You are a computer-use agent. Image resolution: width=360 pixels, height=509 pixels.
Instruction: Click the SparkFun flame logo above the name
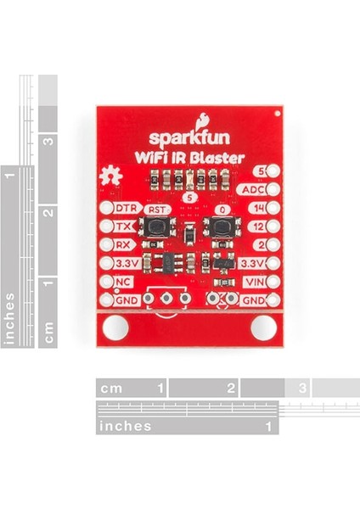click(202, 121)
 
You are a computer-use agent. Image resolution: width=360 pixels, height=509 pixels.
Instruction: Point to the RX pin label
click(123, 245)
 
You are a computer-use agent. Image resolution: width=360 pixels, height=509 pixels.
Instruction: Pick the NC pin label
click(123, 282)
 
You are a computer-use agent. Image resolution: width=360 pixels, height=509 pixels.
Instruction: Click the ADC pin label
click(253, 189)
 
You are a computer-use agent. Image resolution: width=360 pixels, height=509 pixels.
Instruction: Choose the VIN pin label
click(256, 282)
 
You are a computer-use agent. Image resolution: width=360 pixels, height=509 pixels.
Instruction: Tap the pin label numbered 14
click(259, 208)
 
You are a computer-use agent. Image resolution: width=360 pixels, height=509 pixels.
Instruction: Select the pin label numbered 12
click(259, 227)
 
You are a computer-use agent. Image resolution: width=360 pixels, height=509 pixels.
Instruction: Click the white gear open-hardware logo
click(110, 177)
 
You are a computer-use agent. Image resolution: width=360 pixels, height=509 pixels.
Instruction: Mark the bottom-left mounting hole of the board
click(115, 327)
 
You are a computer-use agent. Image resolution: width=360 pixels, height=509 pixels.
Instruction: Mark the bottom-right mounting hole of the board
click(264, 327)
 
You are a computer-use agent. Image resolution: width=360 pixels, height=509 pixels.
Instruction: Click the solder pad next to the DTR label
click(106, 208)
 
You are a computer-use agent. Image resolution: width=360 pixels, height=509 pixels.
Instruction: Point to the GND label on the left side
click(127, 300)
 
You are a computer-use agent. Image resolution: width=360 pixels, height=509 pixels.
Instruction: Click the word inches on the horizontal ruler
click(126, 426)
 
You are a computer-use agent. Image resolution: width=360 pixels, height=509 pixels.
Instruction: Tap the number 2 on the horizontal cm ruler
click(231, 388)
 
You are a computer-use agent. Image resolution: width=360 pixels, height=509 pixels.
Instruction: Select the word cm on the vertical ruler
click(48, 333)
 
